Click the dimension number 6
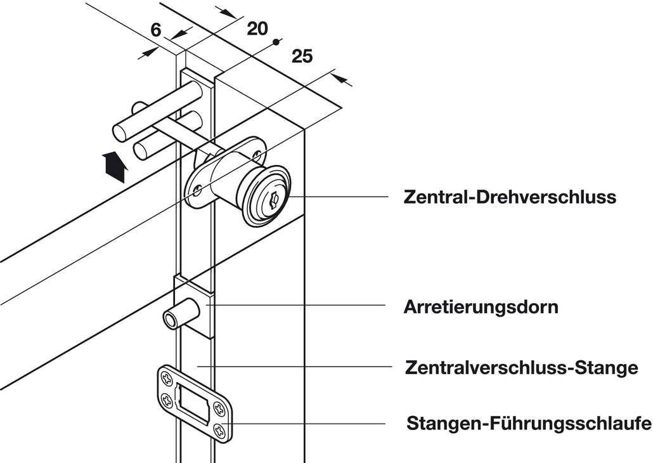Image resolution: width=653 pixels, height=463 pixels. click(155, 30)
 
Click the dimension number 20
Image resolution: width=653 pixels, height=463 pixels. click(257, 29)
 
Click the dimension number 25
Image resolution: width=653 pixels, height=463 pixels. click(302, 56)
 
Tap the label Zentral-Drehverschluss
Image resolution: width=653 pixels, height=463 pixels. click(510, 197)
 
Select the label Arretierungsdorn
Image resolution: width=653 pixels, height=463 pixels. click(481, 307)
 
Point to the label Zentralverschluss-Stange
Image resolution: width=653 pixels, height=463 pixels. click(521, 368)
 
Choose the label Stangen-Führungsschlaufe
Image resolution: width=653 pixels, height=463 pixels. click(529, 423)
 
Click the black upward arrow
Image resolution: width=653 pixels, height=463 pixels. click(113, 167)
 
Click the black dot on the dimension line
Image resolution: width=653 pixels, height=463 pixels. click(275, 42)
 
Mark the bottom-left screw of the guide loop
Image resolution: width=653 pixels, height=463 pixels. click(167, 401)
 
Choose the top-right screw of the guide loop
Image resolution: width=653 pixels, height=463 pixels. click(219, 407)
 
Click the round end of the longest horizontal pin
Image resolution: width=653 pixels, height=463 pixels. click(119, 132)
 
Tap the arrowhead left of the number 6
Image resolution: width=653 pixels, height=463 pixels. click(148, 53)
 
